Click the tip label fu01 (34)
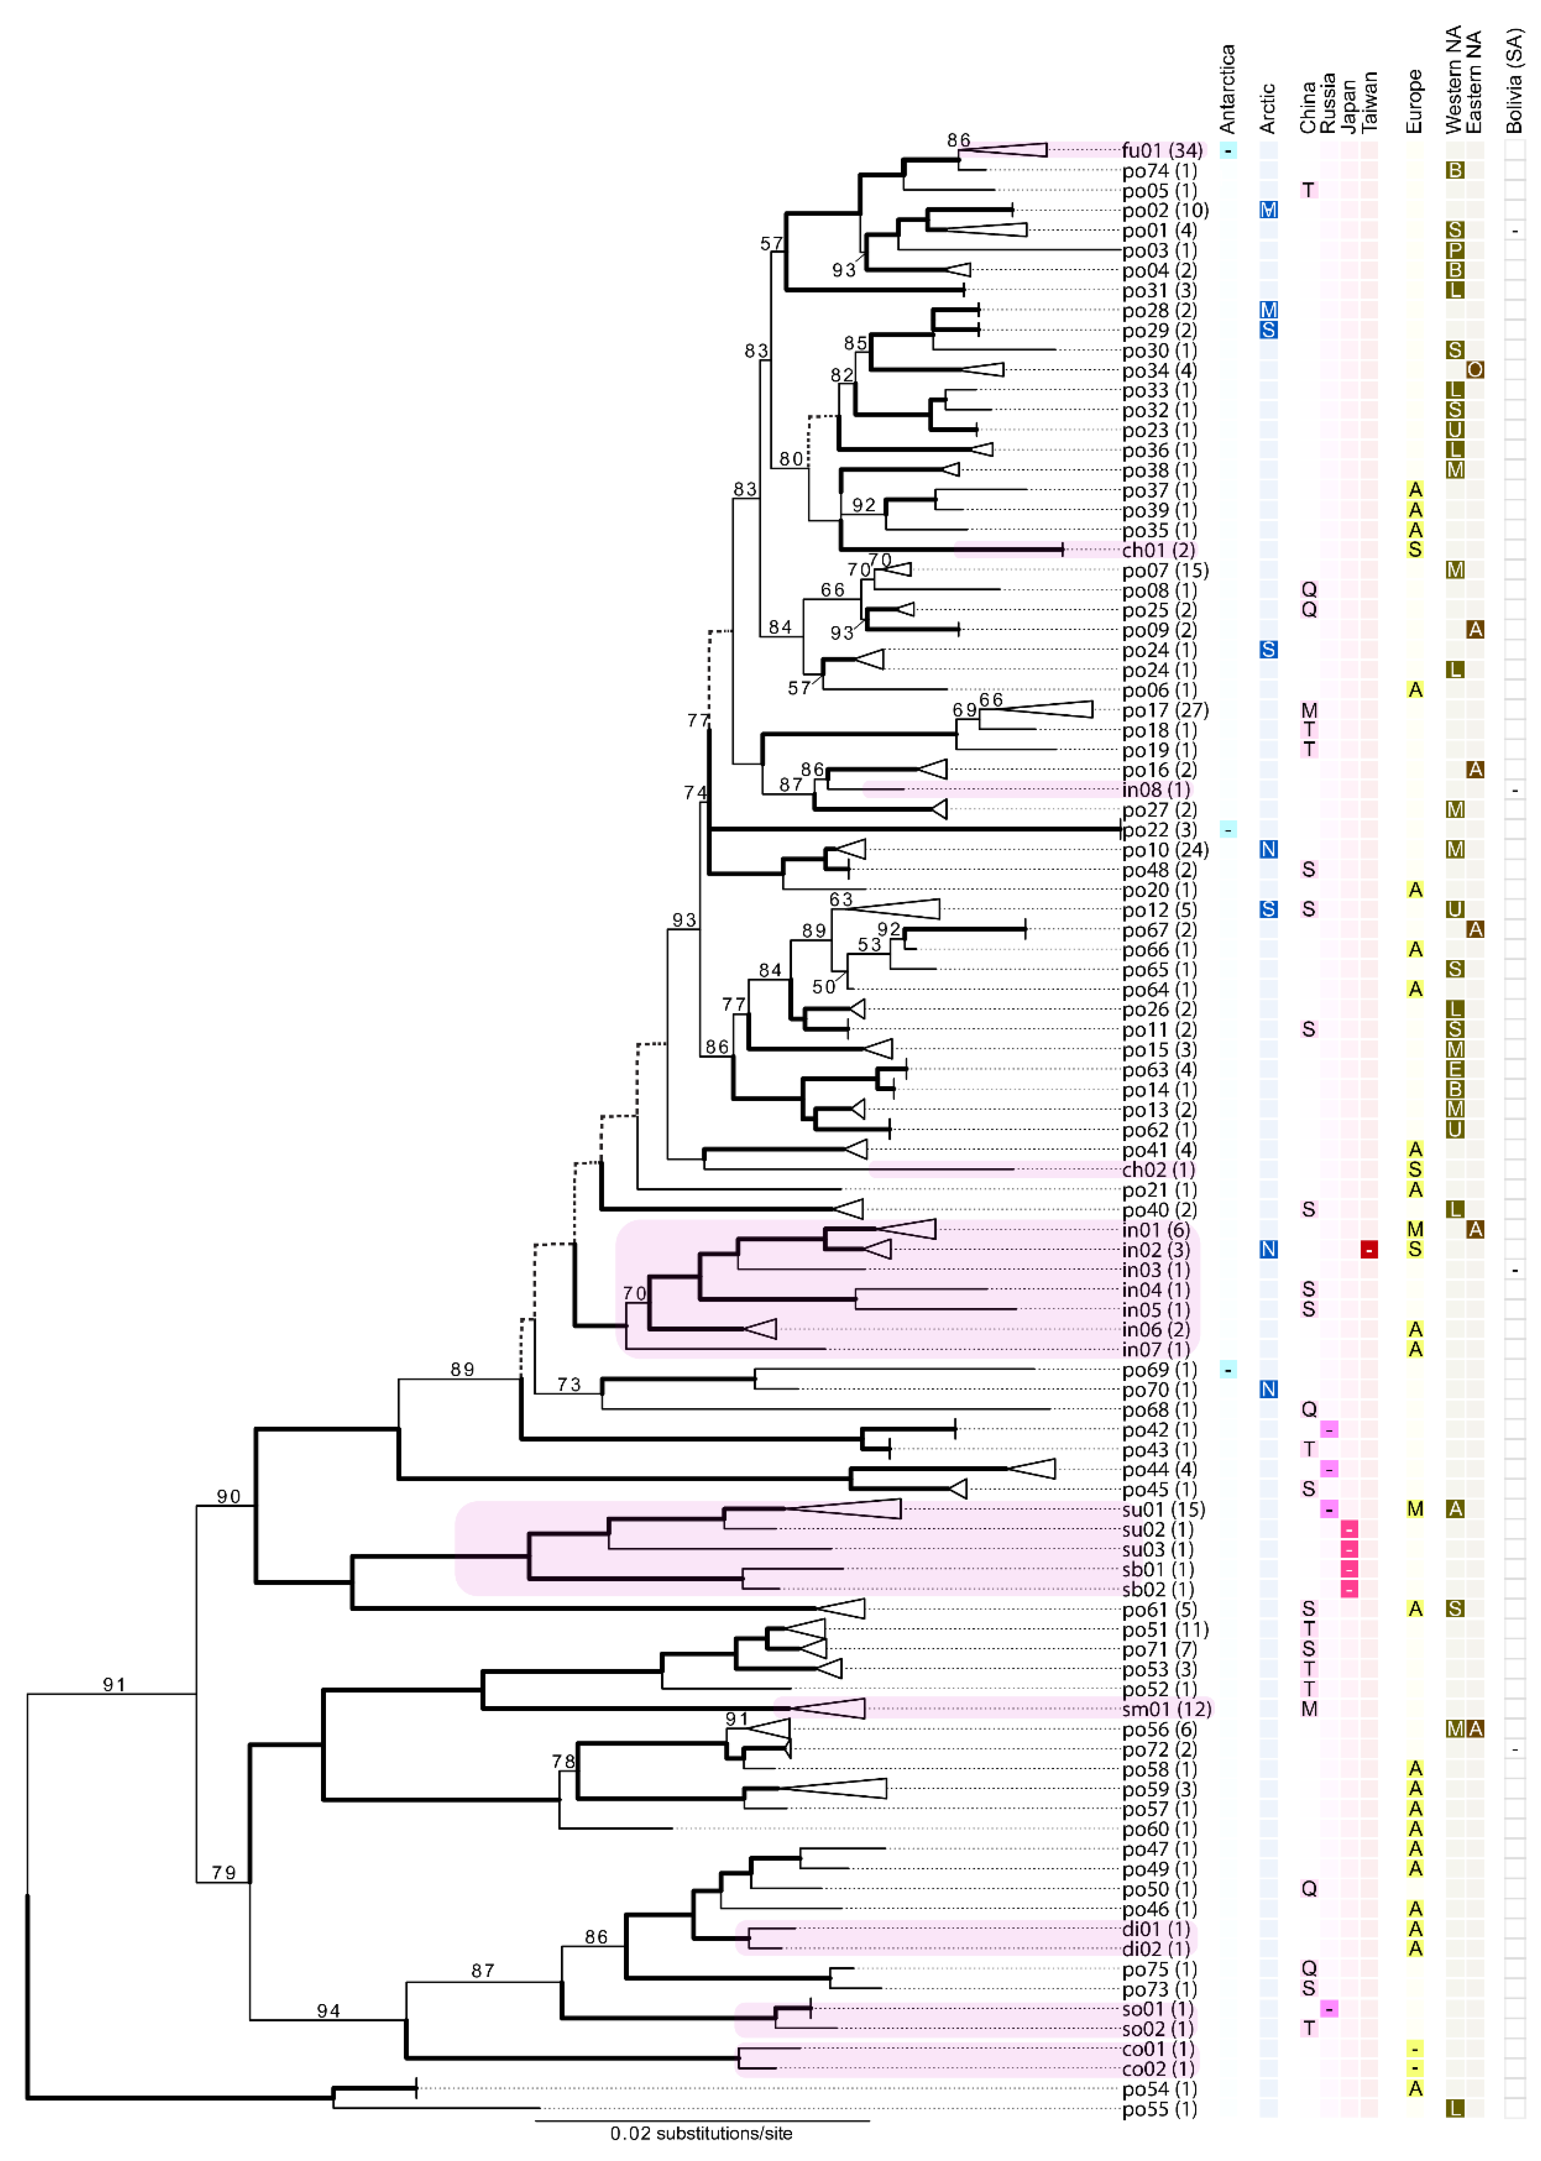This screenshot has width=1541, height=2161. click(1162, 150)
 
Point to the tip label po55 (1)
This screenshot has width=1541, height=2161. click(1159, 2109)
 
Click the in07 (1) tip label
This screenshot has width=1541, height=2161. click(1156, 1350)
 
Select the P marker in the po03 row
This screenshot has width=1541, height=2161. click(1455, 250)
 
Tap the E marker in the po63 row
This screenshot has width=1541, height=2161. click(1455, 1069)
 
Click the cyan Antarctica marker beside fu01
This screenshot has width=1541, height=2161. click(1228, 150)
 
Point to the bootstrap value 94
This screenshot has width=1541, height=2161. click(328, 2010)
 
